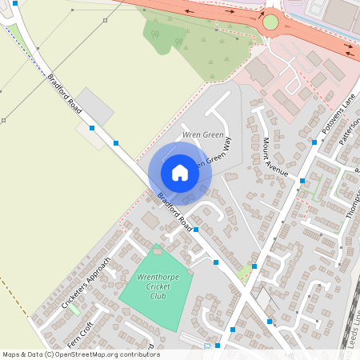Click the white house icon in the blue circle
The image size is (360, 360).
point(180,172)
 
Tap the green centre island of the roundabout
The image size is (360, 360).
point(270,22)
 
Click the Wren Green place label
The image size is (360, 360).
point(202,134)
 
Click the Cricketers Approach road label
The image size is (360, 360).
point(84,281)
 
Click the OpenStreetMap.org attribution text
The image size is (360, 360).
point(104,354)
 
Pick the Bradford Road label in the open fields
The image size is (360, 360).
point(65,94)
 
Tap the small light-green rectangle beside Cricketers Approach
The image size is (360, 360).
point(74,309)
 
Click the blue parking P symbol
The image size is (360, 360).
point(207,346)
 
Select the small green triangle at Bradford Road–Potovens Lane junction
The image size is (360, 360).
point(246,274)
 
